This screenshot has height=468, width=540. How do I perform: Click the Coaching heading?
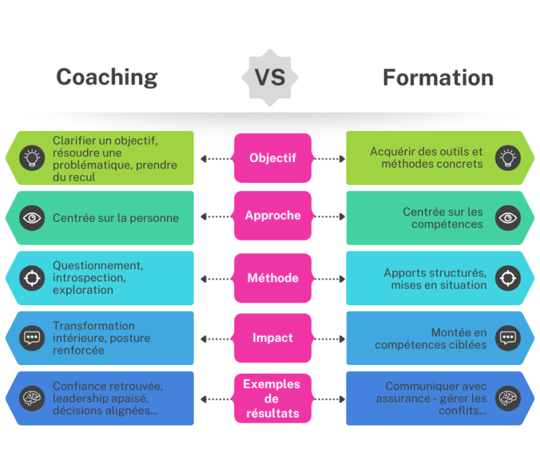point(107,77)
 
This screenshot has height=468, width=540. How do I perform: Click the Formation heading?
point(438,77)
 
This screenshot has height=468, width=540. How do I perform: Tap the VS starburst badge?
point(270,77)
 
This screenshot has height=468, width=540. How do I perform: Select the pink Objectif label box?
point(272,158)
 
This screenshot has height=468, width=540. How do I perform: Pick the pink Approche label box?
point(272,215)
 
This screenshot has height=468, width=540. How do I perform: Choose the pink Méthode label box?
point(272,278)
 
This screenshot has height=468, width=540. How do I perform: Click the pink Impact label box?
point(272,338)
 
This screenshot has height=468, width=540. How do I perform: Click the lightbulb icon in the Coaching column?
point(32,158)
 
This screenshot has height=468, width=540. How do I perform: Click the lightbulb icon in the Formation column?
point(508,158)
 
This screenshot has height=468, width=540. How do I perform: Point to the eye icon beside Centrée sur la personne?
point(32,217)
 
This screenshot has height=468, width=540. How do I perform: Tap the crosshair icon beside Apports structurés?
point(508,278)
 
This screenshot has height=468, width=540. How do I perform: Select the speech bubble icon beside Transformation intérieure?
point(32,338)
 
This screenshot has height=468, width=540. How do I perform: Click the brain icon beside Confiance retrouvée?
point(32,398)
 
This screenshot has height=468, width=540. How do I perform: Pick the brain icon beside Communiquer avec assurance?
point(508,398)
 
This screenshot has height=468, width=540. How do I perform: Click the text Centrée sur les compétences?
point(443,217)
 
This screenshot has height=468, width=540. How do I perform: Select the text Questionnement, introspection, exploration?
point(98,277)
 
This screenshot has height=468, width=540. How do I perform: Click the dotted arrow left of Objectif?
point(215,158)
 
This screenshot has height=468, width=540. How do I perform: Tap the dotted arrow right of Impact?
point(328,338)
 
